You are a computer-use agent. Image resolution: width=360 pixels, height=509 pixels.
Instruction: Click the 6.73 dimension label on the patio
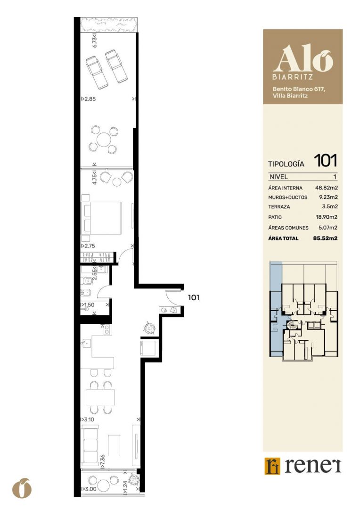[x=94, y=41]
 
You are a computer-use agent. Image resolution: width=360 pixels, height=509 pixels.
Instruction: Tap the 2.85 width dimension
[x=88, y=99]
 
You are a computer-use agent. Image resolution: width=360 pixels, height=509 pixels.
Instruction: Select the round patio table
[x=104, y=140]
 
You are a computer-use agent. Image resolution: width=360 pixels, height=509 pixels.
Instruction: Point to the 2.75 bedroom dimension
[x=88, y=246]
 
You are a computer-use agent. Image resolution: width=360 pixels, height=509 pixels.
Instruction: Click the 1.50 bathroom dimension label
[x=88, y=305]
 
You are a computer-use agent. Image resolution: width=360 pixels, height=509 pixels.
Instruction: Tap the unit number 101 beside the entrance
[x=194, y=297]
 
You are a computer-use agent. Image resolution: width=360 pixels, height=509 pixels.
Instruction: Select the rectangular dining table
[x=100, y=397]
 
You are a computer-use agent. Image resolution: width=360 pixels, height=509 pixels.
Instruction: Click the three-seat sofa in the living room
[x=89, y=447]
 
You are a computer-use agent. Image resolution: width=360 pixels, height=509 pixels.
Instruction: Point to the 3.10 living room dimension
[x=87, y=419]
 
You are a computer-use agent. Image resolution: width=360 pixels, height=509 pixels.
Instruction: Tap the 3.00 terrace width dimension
[x=89, y=489]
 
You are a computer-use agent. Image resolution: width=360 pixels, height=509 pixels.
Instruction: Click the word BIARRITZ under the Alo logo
[x=293, y=77]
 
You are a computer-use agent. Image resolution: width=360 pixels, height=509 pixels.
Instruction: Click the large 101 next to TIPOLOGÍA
[x=325, y=161]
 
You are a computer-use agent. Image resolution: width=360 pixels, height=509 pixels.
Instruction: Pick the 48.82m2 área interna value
[x=326, y=188]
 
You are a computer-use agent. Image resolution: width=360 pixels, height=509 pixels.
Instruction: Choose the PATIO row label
[x=275, y=217]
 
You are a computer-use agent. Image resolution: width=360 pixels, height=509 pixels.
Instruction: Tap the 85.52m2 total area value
[x=325, y=238]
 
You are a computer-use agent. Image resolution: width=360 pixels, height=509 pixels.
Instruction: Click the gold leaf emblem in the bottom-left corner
[x=22, y=488]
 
